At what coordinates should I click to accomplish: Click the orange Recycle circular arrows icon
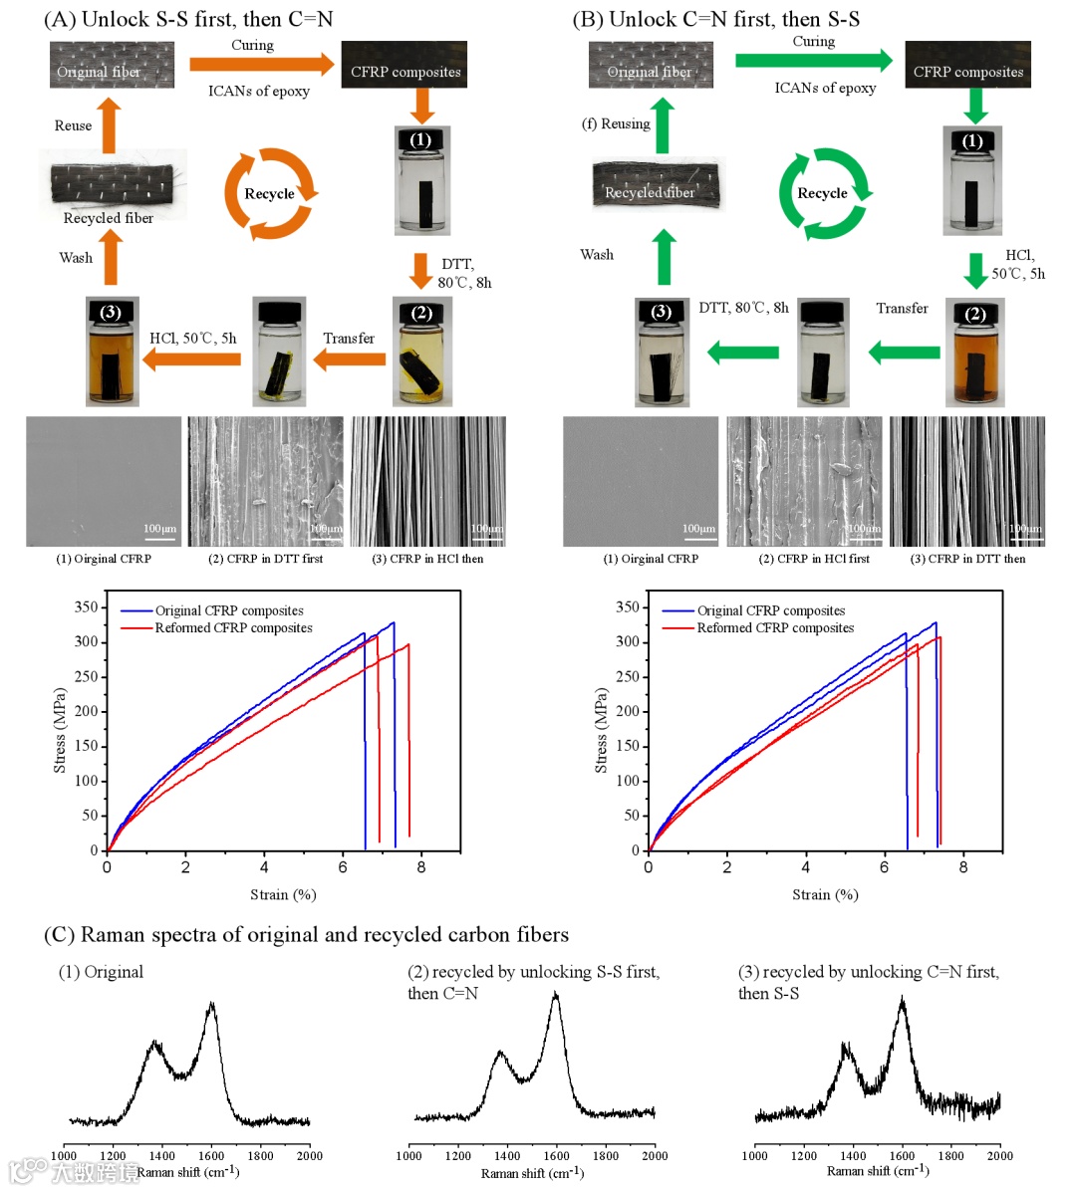269,194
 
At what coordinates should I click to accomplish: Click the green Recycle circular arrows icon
823,194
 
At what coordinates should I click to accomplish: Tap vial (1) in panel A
421,180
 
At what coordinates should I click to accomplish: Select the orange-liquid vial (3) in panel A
112,351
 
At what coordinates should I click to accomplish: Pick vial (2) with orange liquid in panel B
974,353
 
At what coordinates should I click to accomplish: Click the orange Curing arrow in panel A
261,66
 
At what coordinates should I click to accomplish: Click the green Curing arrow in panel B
813,61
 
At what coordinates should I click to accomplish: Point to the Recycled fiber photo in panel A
112,185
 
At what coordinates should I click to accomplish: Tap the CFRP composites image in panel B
967,65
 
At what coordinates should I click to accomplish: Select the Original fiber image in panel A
112,65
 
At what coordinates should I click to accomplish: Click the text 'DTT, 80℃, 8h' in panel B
743,308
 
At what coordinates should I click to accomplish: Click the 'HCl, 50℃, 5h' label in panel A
193,339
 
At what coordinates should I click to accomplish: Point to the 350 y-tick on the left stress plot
87,607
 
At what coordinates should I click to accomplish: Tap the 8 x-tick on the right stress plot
962,867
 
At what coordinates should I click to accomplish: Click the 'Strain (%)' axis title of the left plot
283,895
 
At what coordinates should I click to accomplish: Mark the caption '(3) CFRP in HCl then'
427,560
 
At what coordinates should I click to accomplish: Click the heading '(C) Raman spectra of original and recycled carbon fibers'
307,935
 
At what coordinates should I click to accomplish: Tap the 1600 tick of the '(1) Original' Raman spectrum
211,1156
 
